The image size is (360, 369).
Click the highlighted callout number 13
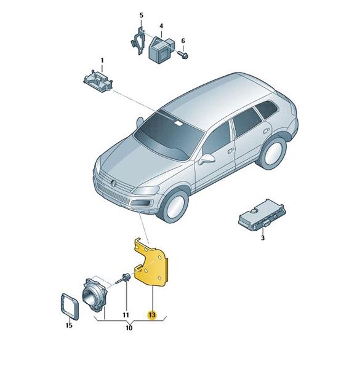pos(152,315)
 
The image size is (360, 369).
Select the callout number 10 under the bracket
pos(129,328)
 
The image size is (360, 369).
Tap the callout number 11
pos(126,315)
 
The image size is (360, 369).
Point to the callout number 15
pos(69,326)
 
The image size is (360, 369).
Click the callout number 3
pos(263,238)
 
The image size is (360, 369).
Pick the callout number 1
pos(102,60)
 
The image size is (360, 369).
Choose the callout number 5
pos(142,15)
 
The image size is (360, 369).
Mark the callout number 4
pos(161,26)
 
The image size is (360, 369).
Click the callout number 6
pos(183,41)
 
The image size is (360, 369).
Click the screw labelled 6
pos(183,55)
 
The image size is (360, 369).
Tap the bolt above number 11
pos(124,279)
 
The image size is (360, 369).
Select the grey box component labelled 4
pos(161,49)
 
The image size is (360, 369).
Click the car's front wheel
pos(175,205)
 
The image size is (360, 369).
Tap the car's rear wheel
pos(273,153)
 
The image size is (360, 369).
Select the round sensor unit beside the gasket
pos(94,295)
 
